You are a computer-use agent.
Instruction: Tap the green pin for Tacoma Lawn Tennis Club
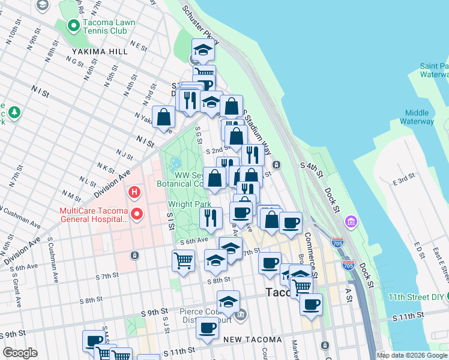[73, 26]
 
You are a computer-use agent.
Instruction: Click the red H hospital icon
[134, 192]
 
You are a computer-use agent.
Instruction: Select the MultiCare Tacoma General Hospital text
[93, 215]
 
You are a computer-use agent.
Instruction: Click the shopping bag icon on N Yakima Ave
[164, 117]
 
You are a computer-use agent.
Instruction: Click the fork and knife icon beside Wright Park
[210, 218]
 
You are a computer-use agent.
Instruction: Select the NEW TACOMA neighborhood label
[253, 340]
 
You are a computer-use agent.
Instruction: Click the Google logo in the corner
[20, 353]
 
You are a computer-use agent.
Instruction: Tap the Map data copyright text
[412, 355]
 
